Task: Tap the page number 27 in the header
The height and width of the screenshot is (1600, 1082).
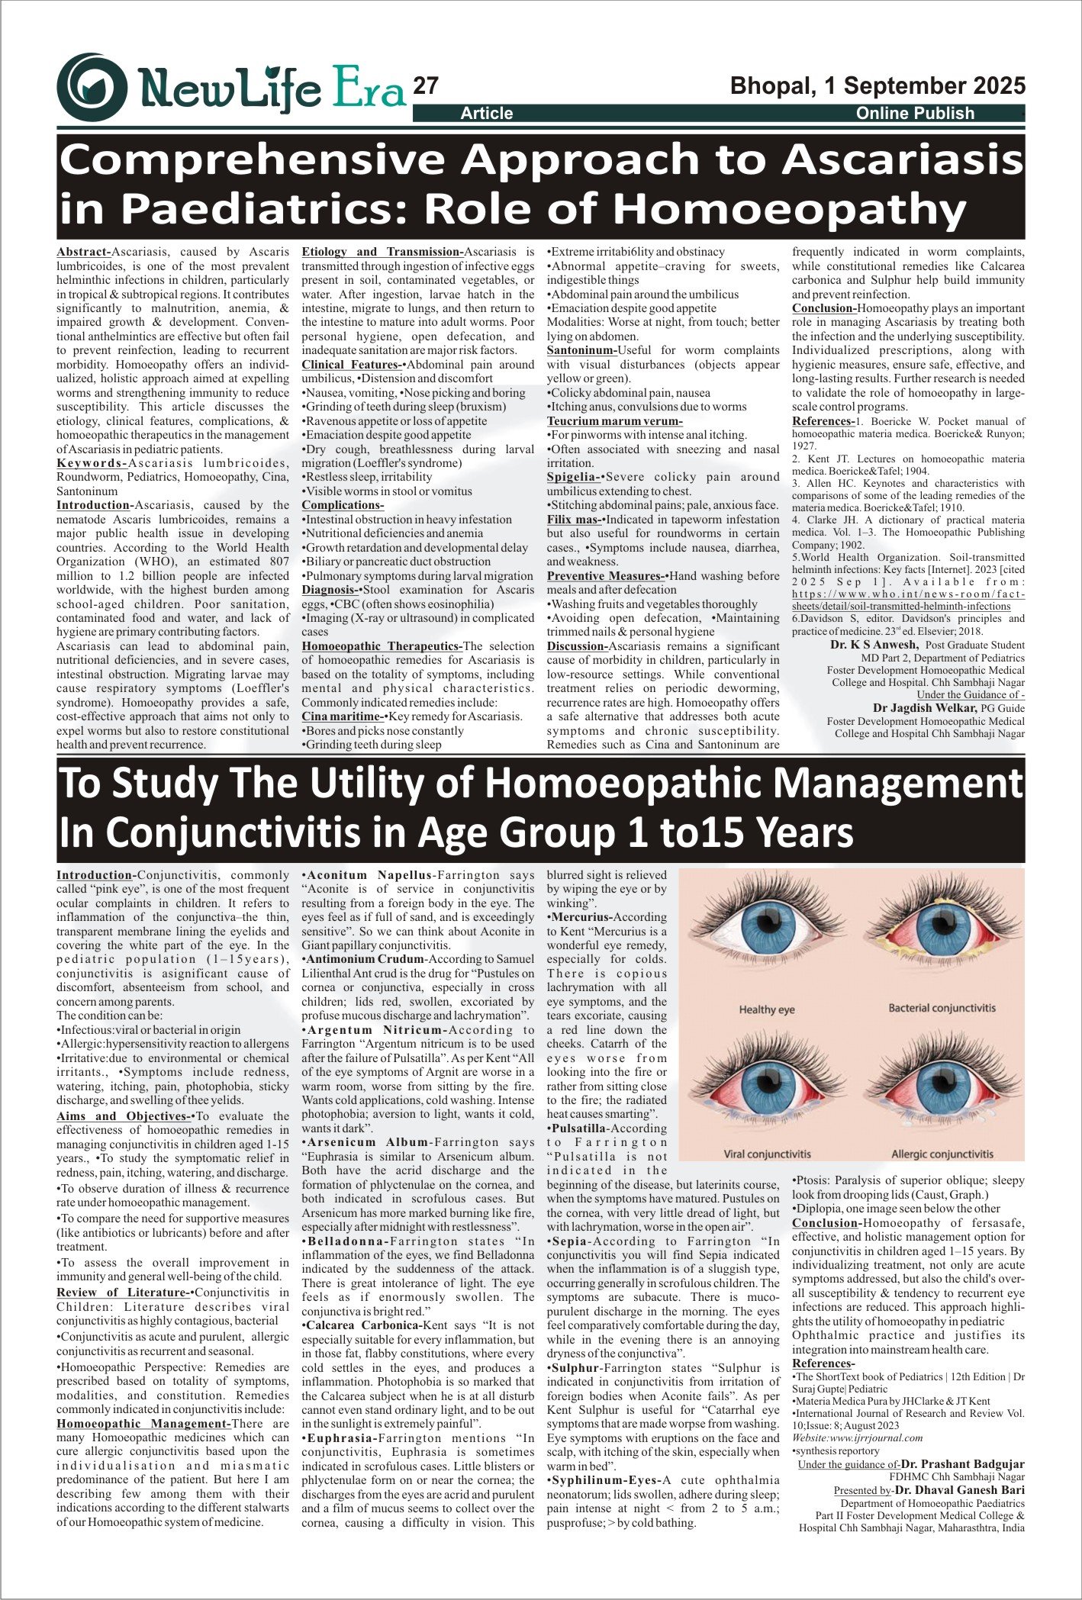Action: tap(426, 86)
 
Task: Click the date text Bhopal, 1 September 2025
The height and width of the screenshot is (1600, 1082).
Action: tap(878, 85)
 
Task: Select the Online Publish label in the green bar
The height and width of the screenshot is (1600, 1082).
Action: tap(915, 114)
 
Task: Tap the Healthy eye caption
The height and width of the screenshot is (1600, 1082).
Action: tap(766, 1009)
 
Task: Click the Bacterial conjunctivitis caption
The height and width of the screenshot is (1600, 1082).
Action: tap(942, 1008)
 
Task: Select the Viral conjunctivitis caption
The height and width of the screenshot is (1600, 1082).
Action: tap(767, 1154)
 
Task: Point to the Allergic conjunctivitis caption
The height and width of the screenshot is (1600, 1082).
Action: tap(942, 1154)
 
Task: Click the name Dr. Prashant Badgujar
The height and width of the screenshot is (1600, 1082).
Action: tap(962, 1464)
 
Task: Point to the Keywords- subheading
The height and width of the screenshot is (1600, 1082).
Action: tap(92, 463)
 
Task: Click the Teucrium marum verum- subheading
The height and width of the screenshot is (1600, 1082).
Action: tap(614, 421)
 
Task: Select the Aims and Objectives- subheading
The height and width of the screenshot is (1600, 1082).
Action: tap(125, 1116)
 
